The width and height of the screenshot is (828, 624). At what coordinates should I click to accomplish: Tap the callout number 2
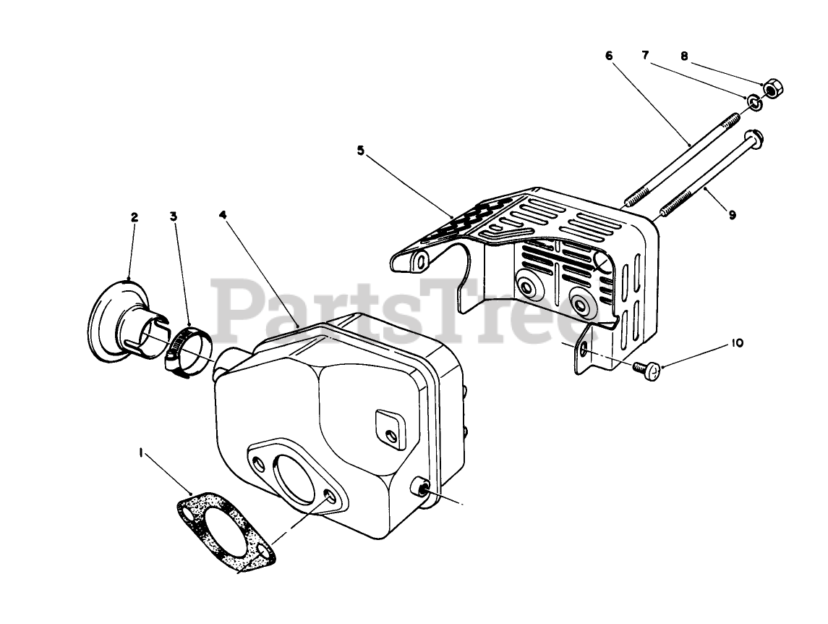point(135,216)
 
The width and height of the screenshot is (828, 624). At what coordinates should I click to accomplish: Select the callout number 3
point(174,216)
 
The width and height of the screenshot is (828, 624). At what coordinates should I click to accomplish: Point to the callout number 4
point(223,216)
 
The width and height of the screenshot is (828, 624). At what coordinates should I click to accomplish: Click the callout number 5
point(361,151)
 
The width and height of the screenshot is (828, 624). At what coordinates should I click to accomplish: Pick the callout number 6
point(608,55)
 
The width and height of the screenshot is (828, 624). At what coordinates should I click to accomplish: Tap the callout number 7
point(645,55)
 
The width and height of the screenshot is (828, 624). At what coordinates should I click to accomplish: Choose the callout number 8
point(684,55)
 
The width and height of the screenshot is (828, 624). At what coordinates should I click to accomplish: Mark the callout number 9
point(732,215)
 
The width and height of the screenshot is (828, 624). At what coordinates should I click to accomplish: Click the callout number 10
point(736,343)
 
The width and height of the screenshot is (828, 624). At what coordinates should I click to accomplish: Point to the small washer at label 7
point(754,102)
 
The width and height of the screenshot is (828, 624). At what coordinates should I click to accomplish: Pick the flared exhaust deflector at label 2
point(119,322)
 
